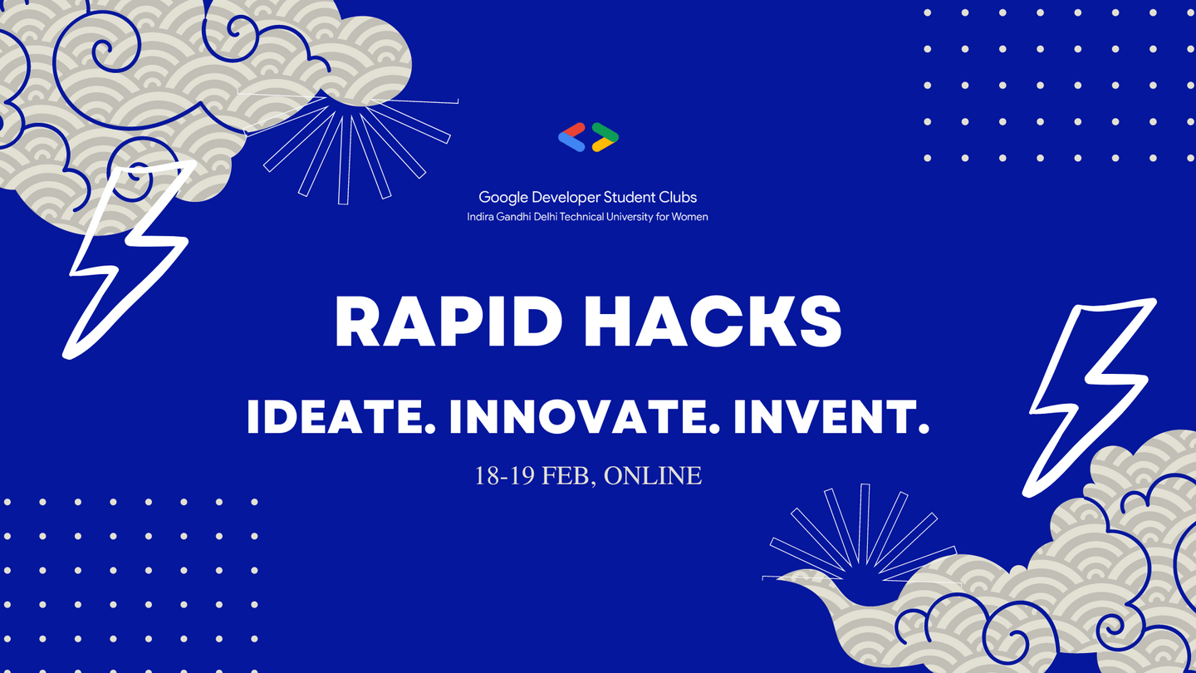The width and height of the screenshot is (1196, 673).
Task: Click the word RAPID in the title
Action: [x=448, y=322]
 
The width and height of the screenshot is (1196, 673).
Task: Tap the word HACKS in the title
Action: [x=713, y=322]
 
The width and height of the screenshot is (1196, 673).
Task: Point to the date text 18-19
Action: [x=504, y=476]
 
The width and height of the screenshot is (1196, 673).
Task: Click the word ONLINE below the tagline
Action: [x=653, y=476]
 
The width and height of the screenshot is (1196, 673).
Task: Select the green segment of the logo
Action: [x=605, y=131]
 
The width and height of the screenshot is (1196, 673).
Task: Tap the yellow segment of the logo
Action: [x=603, y=145]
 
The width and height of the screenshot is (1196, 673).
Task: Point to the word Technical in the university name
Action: [x=582, y=217]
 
